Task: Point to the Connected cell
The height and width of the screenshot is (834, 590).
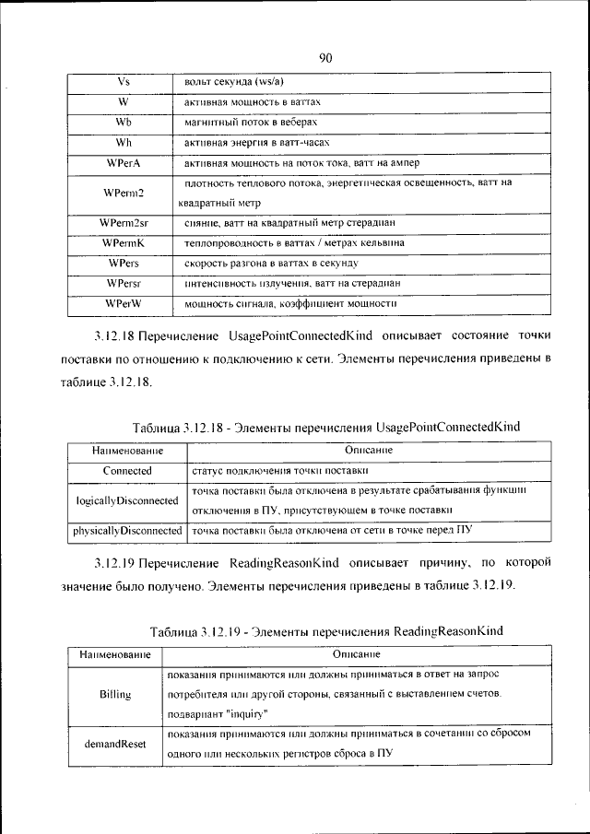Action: (x=127, y=470)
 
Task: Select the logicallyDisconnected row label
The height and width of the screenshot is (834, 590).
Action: (x=127, y=500)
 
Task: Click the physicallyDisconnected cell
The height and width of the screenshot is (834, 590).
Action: (x=127, y=531)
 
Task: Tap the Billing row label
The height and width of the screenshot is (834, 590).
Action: (x=115, y=694)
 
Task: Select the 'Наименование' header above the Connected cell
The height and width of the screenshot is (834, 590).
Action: (x=127, y=451)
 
